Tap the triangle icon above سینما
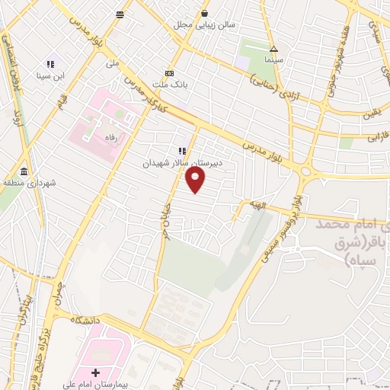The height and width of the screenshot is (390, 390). (x=273, y=49)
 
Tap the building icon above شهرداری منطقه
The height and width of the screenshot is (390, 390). (x=25, y=171)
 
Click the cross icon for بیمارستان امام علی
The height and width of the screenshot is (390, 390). (x=95, y=373)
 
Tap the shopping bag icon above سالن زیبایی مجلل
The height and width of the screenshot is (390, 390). (x=203, y=13)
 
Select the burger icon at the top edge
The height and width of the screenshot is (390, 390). (x=120, y=14)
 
